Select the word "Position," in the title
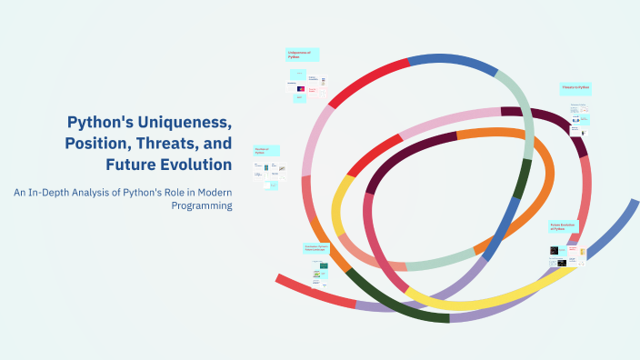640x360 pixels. (x=102, y=144)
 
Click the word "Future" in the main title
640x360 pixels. (x=130, y=165)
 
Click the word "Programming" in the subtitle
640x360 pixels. (x=202, y=205)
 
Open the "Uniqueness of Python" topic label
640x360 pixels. (x=301, y=55)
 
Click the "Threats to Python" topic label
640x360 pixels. (x=575, y=88)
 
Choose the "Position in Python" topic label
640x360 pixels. (x=265, y=151)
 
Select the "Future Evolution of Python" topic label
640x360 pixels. (x=564, y=226)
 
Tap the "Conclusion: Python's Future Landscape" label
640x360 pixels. (x=317, y=248)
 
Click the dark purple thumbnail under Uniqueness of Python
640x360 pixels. (x=301, y=89)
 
